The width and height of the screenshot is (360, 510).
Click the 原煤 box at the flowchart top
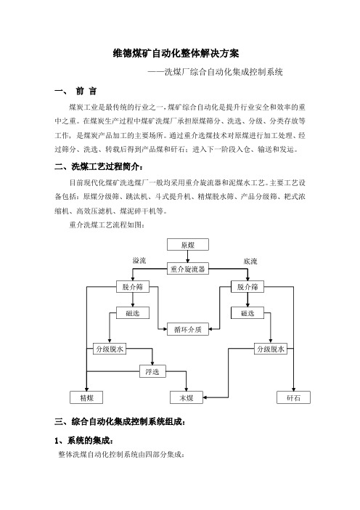pos(188,245)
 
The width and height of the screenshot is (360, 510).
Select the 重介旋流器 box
pos(188,269)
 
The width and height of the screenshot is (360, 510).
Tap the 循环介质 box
pos(188,329)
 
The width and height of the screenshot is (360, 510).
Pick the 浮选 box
pos(152,371)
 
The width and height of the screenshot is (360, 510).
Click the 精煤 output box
pos(86,397)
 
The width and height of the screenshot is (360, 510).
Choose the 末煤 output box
pos(187,397)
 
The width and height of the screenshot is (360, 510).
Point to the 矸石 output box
pos(294,397)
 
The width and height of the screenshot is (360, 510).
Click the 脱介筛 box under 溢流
pos(133,286)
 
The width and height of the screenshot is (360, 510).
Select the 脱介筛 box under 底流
pos(247,286)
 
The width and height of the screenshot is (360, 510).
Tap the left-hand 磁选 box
pos(133,313)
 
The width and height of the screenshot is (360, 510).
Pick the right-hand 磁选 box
pos(247,313)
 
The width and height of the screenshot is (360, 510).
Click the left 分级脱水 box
pos(110,349)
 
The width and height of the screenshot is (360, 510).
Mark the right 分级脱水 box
pos(271,349)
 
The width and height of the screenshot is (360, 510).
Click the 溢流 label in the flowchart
pos(139,261)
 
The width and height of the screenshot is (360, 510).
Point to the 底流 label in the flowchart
pos(250,262)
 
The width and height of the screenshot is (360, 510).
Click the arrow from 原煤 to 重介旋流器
pos(188,256)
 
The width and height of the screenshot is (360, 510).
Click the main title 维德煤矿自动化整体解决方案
pos(176,53)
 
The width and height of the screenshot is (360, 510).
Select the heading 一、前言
pos(75,91)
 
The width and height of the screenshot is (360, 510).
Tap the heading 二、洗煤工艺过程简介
pos(99,167)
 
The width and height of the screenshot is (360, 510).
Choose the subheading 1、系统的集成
pos(83,441)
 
